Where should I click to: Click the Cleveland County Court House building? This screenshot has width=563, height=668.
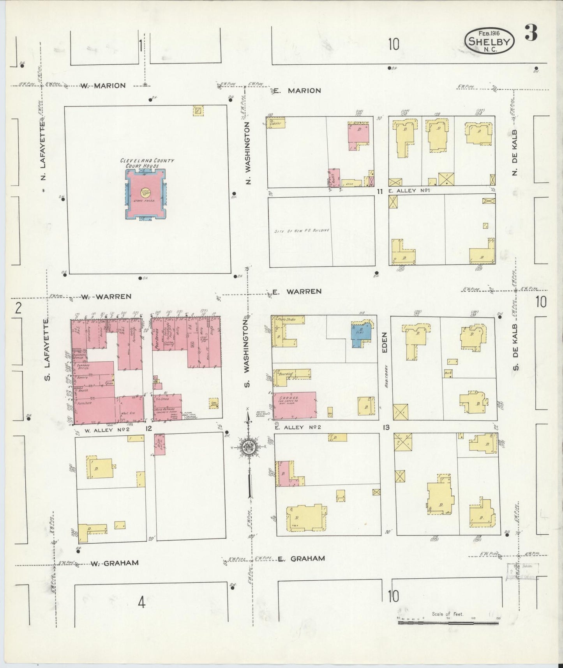pyautogui.click(x=145, y=194)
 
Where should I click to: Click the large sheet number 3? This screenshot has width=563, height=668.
pyautogui.click(x=531, y=33)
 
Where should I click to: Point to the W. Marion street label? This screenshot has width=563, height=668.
pyautogui.click(x=103, y=86)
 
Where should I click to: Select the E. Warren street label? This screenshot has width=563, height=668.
pyautogui.click(x=297, y=291)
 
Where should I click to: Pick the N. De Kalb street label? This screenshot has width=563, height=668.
pyautogui.click(x=514, y=152)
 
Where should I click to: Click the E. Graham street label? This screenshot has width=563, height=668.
pyautogui.click(x=301, y=558)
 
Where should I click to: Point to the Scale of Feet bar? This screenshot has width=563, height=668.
pyautogui.click(x=448, y=623)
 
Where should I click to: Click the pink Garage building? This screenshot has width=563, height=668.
pyautogui.click(x=295, y=406)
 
